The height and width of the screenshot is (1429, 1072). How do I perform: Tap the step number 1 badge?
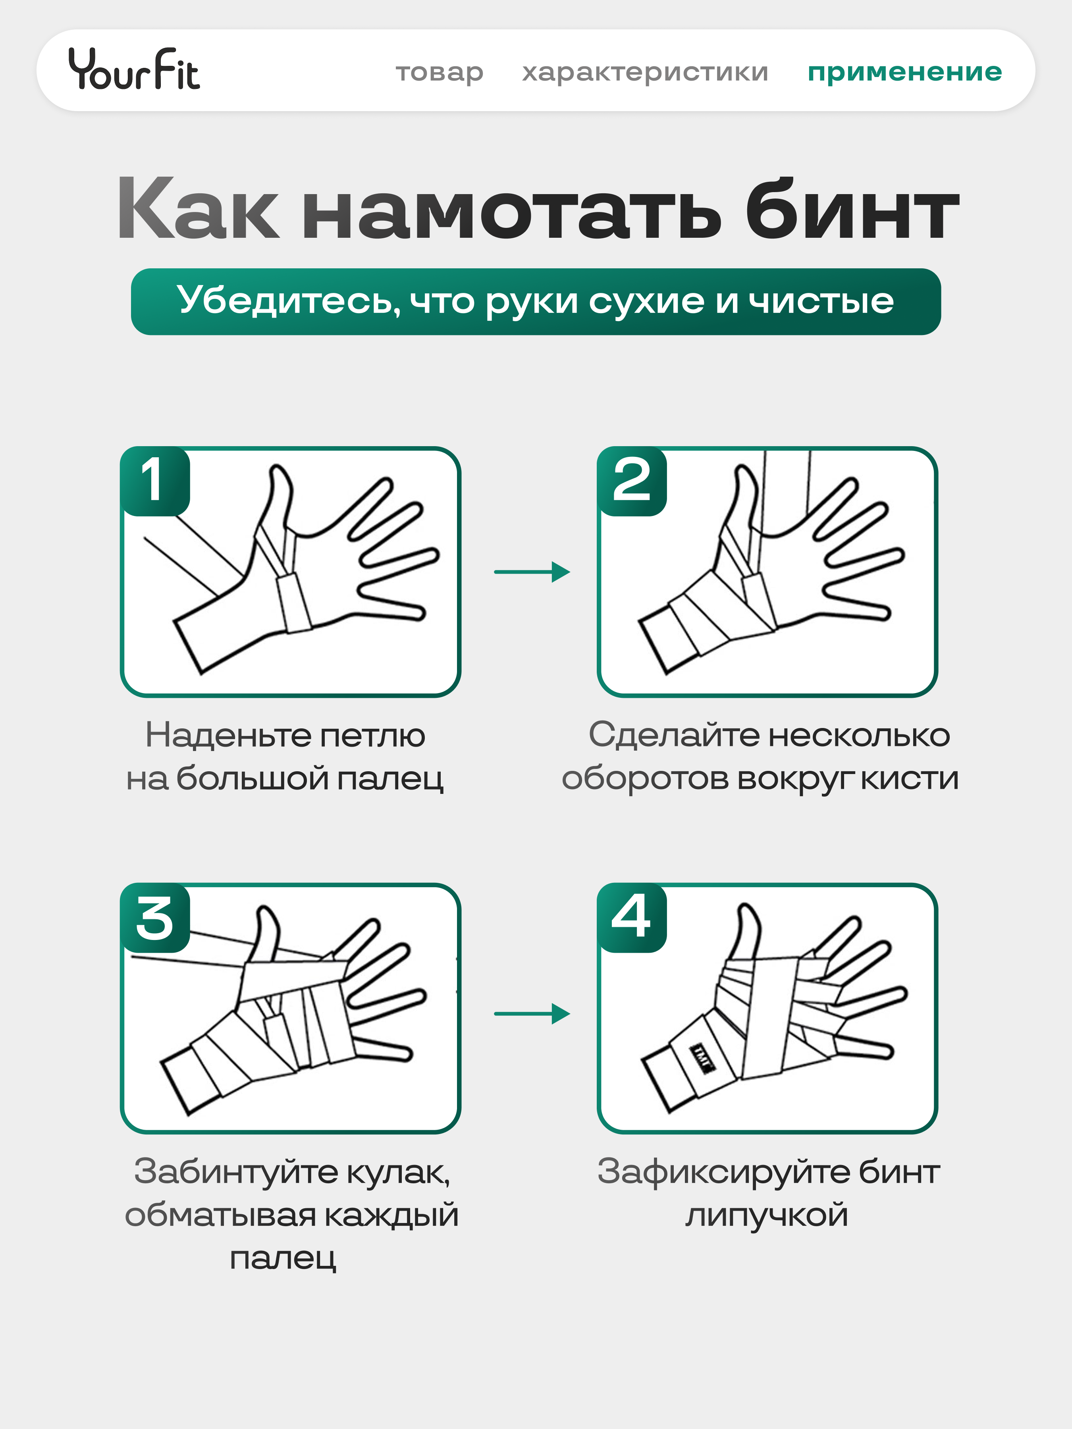click(155, 481)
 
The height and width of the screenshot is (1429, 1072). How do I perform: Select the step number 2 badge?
click(631, 481)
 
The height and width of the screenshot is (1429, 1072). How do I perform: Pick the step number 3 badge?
click(155, 917)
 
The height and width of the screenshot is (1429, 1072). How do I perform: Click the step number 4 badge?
click(631, 917)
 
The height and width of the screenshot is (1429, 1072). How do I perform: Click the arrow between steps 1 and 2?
click(532, 572)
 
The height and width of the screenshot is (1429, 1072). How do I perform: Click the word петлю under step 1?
click(372, 736)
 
